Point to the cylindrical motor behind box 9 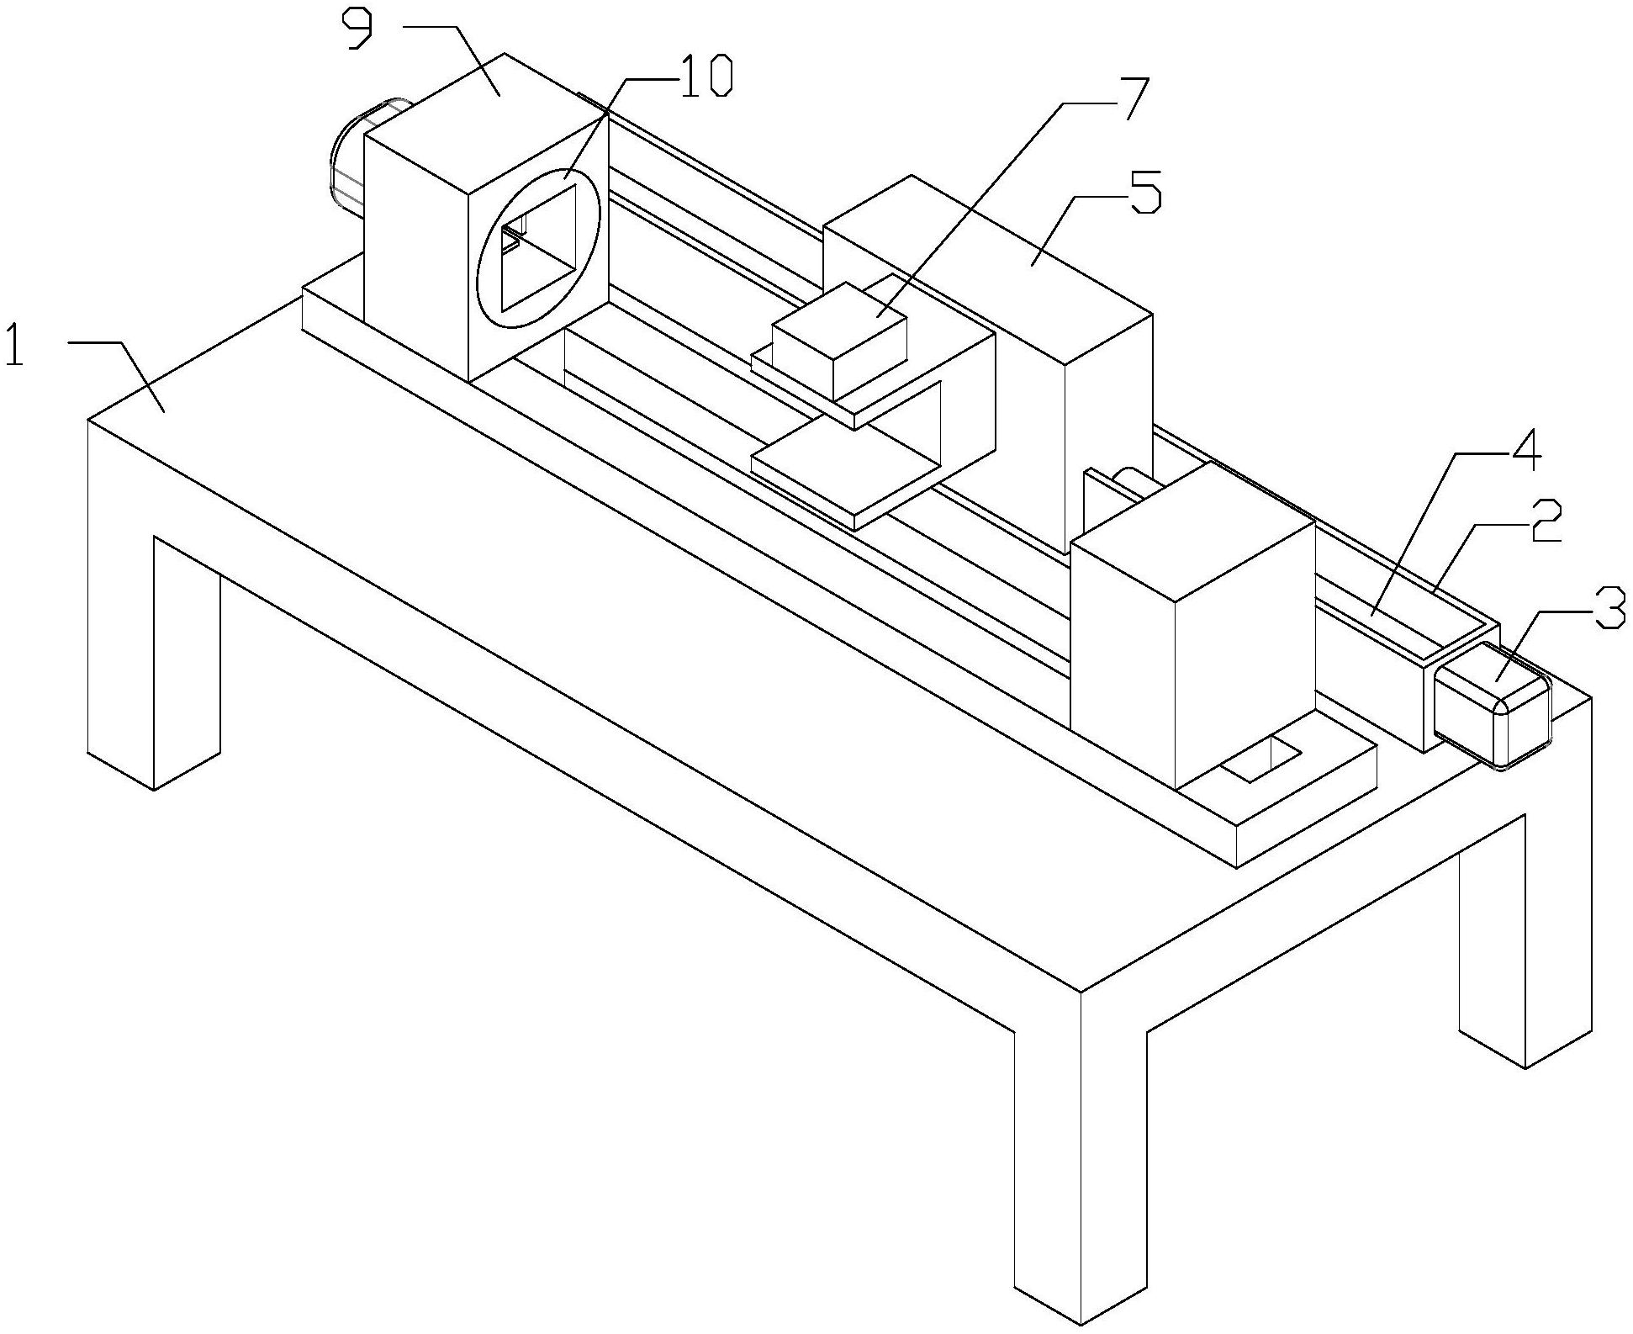[x=349, y=160]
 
